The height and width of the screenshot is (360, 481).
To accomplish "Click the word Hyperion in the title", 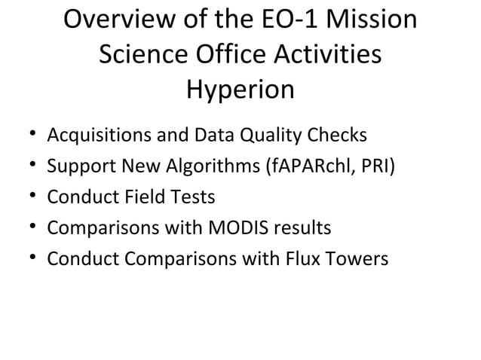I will coord(240,91).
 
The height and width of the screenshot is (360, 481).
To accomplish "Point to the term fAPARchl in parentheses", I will coord(305,166).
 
